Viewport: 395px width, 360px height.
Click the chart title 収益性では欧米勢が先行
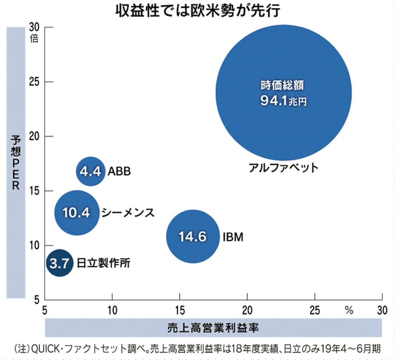click(x=197, y=11)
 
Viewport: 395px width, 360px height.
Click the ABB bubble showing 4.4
click(x=91, y=171)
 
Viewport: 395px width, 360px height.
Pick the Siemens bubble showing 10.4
click(x=76, y=213)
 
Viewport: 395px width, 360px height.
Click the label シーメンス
click(x=128, y=213)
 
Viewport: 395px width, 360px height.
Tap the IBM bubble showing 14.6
click(x=192, y=237)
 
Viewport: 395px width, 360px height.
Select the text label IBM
click(x=233, y=237)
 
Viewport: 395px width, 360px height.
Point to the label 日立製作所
click(x=103, y=263)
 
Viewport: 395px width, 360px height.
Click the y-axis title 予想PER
click(x=16, y=162)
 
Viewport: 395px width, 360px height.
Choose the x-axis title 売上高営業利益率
click(x=214, y=328)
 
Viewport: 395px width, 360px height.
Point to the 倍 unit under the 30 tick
click(x=34, y=38)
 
